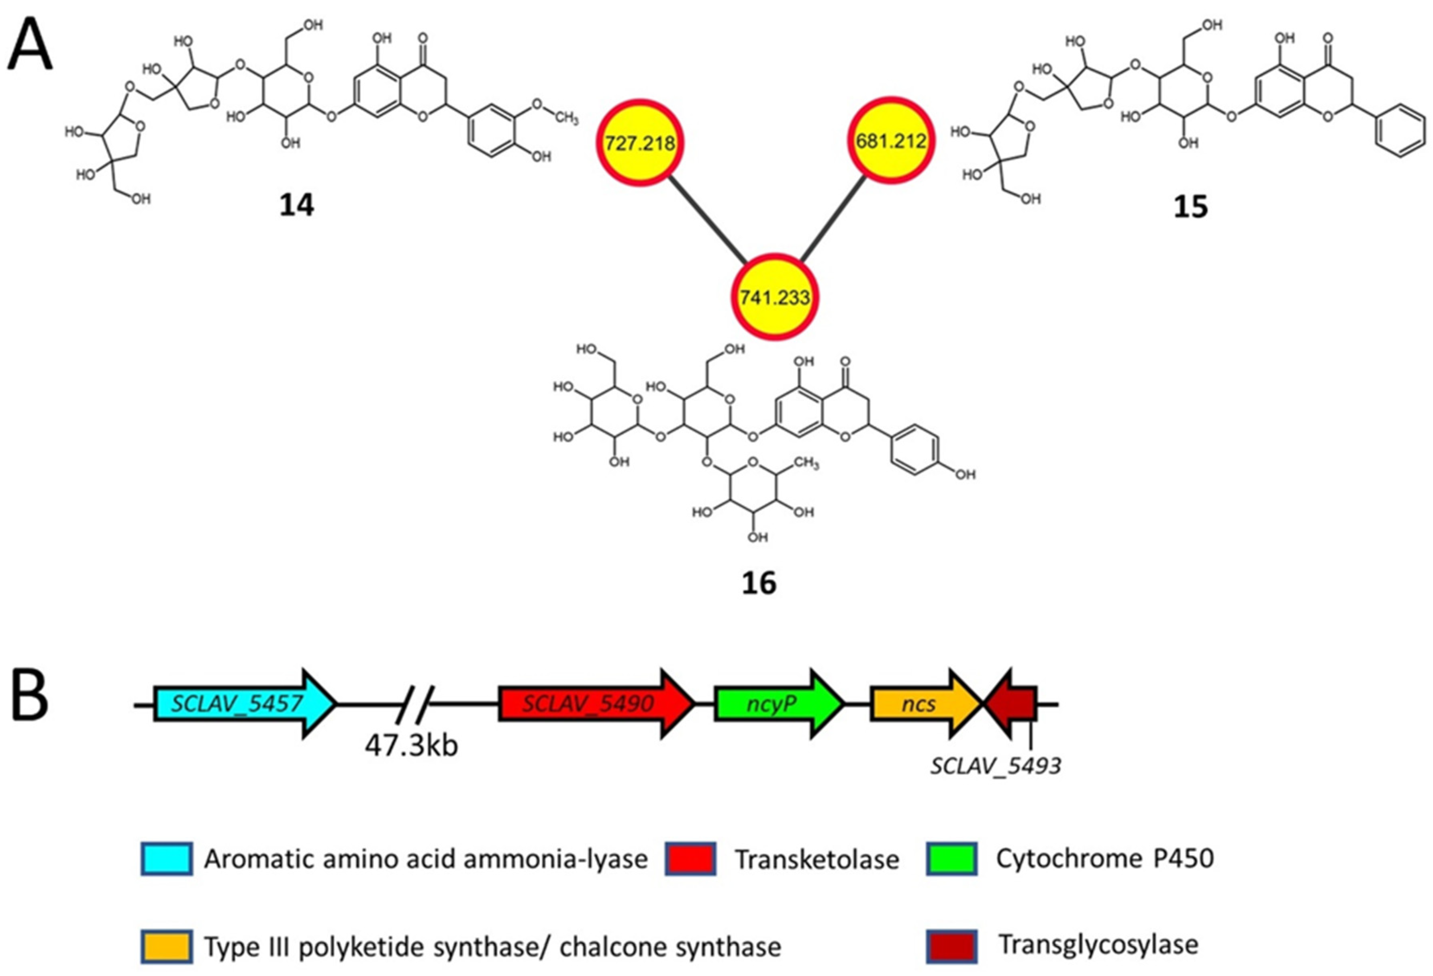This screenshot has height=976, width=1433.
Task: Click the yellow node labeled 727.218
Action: pos(640,143)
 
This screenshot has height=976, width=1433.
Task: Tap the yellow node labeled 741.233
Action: pos(774,297)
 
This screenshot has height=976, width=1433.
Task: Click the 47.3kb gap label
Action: pos(411,746)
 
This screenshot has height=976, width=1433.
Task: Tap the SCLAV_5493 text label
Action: pos(996,766)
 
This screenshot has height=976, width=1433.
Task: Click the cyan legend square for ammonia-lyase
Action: pos(167,858)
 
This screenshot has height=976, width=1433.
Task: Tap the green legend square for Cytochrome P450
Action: pos(951,858)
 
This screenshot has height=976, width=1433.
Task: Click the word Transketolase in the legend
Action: pos(817,859)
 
